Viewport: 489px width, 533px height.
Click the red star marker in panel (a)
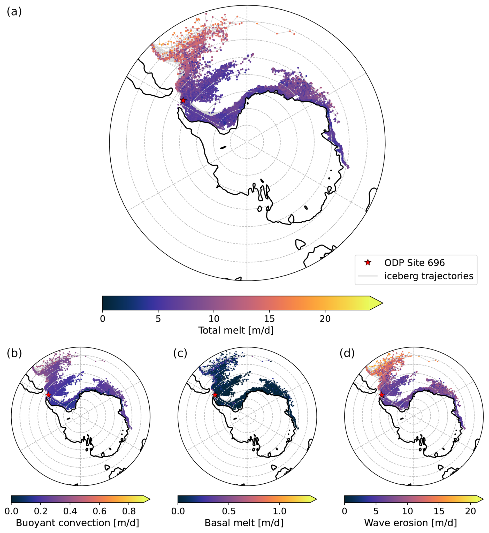pos(183,101)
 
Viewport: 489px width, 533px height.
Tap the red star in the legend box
pos(368,263)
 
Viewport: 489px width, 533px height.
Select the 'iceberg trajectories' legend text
pos(429,276)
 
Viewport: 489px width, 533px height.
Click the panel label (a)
pos(14,12)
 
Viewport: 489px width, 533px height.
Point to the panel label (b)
pos(14,353)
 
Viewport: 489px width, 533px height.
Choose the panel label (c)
pos(180,353)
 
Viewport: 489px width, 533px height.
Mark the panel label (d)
pos(347,353)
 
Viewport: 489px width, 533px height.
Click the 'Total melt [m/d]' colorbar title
pos(236,330)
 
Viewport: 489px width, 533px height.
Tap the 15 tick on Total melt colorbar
pos(269,319)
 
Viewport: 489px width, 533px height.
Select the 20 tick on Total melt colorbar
pos(325,319)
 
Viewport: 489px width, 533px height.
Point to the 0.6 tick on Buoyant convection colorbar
pos(100,511)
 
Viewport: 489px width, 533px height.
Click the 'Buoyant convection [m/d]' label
pos(77,523)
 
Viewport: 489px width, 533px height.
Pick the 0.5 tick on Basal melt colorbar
pos(229,511)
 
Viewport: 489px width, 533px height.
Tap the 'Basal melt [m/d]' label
pos(244,523)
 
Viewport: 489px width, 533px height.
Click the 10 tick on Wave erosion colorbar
pos(408,511)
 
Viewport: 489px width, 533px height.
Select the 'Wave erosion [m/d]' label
pos(410,523)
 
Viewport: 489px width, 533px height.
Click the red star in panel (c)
pos(215,395)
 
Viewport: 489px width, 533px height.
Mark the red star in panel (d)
pos(381,395)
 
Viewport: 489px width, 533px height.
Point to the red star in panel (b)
pos(48,395)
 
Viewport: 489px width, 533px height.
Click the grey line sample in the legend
pos(368,276)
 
